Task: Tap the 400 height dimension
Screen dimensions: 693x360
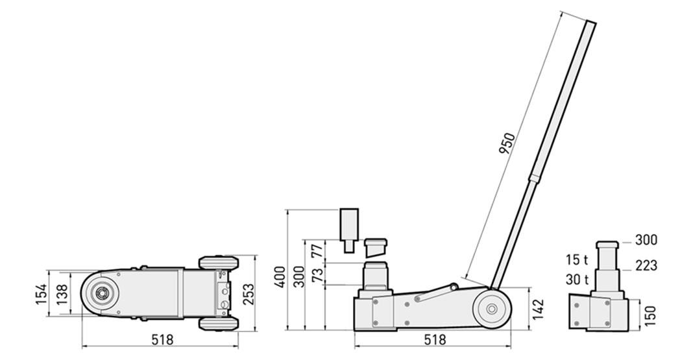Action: pos(280,277)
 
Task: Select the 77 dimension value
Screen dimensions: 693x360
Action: pos(317,250)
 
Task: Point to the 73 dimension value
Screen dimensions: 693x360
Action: pos(317,275)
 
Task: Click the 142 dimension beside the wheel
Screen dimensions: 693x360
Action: pos(538,309)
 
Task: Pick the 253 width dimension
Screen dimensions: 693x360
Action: pos(249,294)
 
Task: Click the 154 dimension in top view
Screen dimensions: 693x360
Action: pos(41,294)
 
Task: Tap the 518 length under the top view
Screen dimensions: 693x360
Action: pos(162,340)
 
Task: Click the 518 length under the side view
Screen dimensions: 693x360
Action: pos(435,340)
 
